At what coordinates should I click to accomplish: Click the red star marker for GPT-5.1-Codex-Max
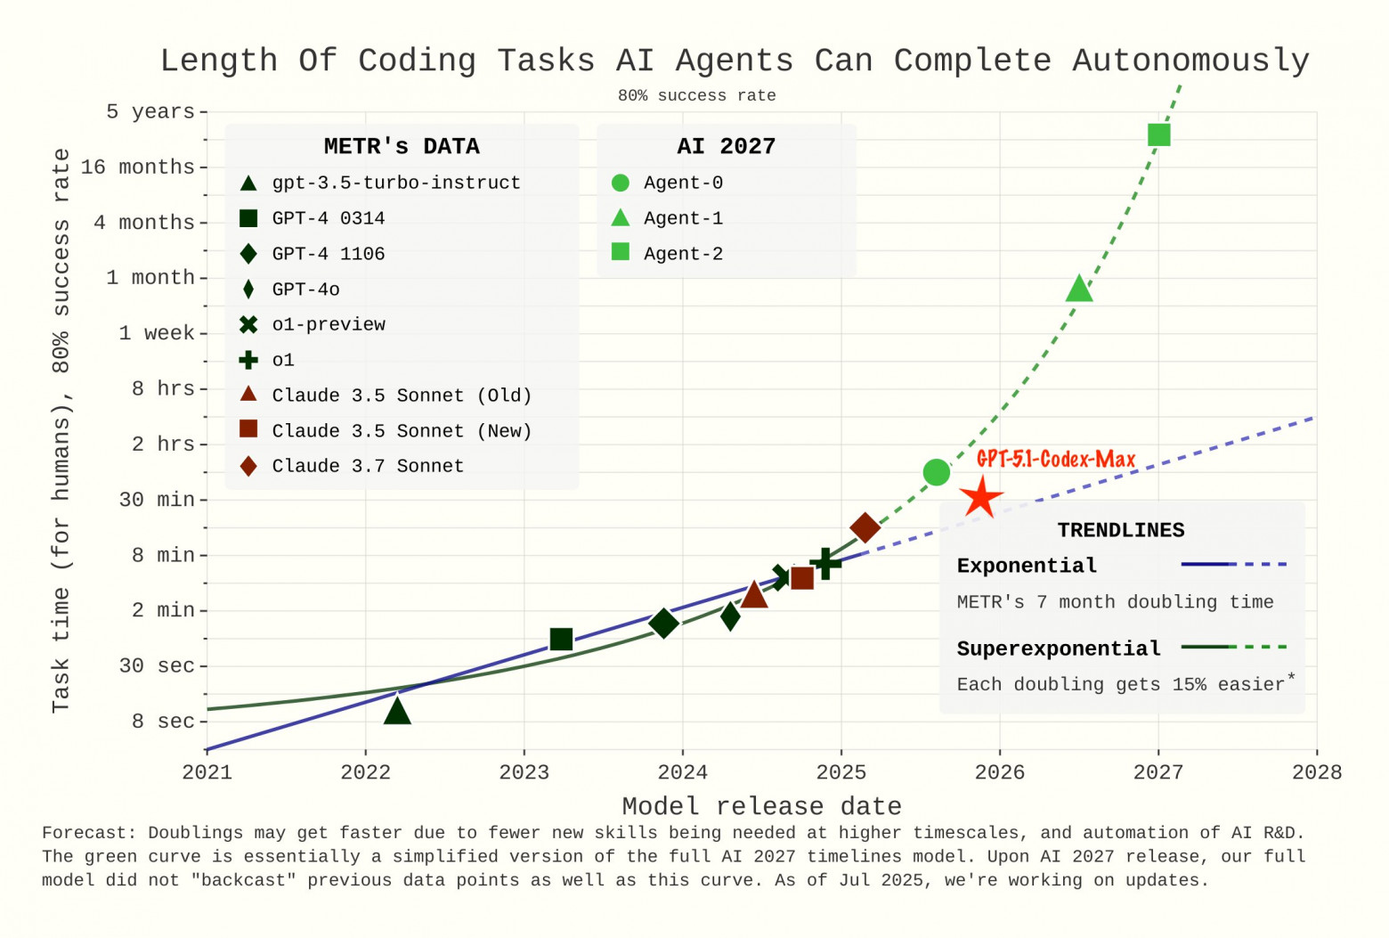[981, 497]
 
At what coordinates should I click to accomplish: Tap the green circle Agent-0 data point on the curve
[936, 472]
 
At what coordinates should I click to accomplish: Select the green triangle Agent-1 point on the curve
[1078, 290]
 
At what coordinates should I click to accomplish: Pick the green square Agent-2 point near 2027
[1158, 135]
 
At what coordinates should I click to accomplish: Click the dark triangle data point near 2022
[397, 711]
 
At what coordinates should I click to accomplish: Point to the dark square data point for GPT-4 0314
[561, 639]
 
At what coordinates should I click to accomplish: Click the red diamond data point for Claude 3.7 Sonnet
[865, 527]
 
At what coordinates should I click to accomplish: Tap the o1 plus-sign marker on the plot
[825, 563]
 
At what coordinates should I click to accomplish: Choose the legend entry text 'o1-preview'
[329, 324]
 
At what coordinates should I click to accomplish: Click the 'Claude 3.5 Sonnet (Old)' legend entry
[402, 396]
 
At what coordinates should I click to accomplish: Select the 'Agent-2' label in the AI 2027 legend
[683, 254]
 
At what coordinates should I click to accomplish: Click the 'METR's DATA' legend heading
[402, 146]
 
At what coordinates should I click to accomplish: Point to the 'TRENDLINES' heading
[1120, 530]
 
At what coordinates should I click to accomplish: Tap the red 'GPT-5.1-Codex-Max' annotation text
[1056, 459]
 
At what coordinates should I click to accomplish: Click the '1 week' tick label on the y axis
[157, 333]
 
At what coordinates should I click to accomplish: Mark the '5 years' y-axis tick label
[150, 111]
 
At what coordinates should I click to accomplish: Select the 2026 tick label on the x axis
[999, 772]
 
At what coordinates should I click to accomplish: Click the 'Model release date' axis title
[761, 806]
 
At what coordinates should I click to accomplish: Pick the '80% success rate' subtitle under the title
[696, 95]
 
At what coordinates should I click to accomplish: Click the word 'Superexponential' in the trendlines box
[1059, 648]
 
